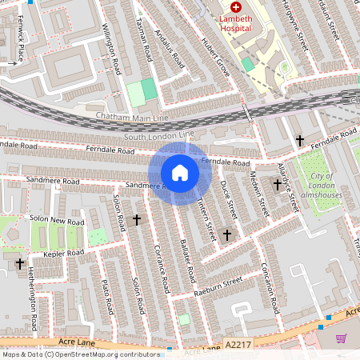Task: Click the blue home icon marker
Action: [180, 172]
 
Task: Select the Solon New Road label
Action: [57, 220]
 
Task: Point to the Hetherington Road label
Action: [32, 300]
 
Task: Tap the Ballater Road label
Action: [189, 260]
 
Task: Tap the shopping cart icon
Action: [342, 338]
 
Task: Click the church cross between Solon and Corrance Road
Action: [136, 218]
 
